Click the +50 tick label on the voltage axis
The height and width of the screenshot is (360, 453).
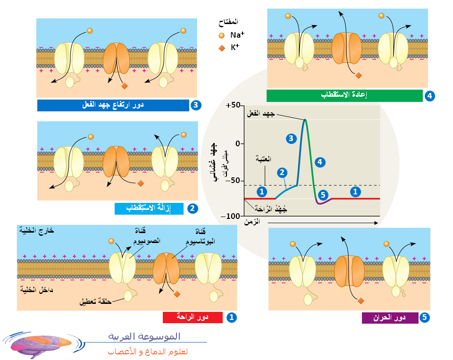[x=233, y=105]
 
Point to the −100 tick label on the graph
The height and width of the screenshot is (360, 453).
[x=230, y=216]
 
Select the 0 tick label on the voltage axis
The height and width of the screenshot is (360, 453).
[x=238, y=143]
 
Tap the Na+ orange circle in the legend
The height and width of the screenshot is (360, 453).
[x=222, y=35]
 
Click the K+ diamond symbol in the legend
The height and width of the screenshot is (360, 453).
[x=222, y=48]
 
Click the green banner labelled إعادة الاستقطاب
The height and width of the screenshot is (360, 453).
[x=344, y=96]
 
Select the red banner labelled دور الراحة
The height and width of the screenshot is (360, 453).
[x=193, y=317]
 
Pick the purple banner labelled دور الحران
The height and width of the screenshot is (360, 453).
[x=390, y=318]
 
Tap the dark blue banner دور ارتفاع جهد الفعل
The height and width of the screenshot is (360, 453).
[x=113, y=105]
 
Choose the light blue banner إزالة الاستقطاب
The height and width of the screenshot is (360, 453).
[x=149, y=209]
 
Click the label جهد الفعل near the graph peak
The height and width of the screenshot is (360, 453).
[x=260, y=114]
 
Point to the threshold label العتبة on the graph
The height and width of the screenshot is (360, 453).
[x=263, y=159]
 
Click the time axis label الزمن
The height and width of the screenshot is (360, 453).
[x=252, y=222]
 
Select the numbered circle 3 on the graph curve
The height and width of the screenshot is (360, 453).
[x=291, y=139]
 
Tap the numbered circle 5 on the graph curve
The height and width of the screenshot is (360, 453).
[x=323, y=195]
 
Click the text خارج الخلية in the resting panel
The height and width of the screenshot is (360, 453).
[x=37, y=230]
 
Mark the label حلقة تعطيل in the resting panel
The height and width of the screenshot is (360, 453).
[x=96, y=301]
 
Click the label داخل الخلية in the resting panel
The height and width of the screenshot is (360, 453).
[x=36, y=290]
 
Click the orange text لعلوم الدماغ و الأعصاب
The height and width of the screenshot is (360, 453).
[x=148, y=352]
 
